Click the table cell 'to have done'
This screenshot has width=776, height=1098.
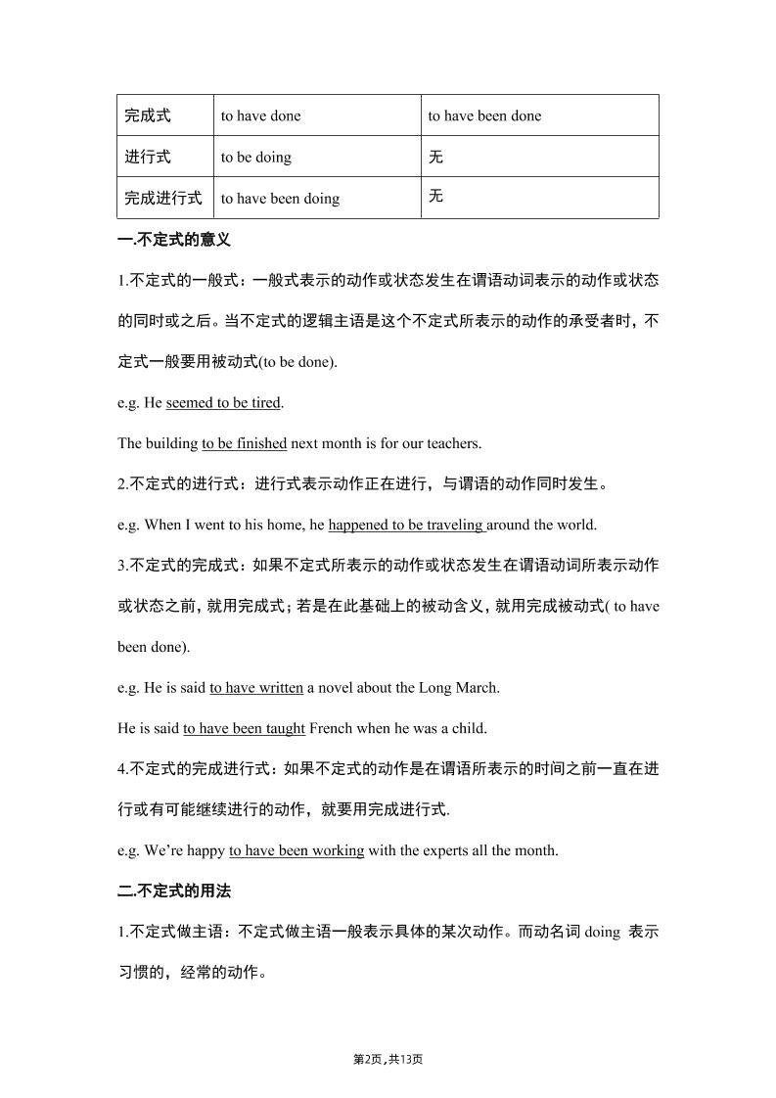[x=260, y=115]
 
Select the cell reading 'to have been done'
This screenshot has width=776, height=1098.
[x=483, y=115]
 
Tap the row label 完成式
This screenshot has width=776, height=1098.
[x=148, y=115]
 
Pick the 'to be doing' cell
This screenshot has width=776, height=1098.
[x=255, y=157]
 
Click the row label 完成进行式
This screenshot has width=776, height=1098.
[x=162, y=198]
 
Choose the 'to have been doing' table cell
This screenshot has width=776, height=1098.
[x=280, y=198]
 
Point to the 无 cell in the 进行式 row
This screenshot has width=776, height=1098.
[x=435, y=157]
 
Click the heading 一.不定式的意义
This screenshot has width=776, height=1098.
[x=174, y=239]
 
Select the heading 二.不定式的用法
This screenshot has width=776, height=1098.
[x=174, y=892]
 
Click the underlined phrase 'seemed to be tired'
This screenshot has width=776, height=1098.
[x=223, y=402]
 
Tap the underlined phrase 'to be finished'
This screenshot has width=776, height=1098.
[x=244, y=443]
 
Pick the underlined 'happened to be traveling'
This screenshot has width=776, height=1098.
[x=406, y=525]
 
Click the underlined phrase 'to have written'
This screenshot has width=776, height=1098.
[x=256, y=687]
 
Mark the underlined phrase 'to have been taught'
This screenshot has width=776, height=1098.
[x=244, y=728]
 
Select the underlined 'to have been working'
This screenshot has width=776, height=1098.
[x=297, y=850]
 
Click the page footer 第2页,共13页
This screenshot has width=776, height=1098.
[x=388, y=1059]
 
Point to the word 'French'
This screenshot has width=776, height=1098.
[x=331, y=728]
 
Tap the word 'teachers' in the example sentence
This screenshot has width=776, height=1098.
[x=450, y=443]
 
